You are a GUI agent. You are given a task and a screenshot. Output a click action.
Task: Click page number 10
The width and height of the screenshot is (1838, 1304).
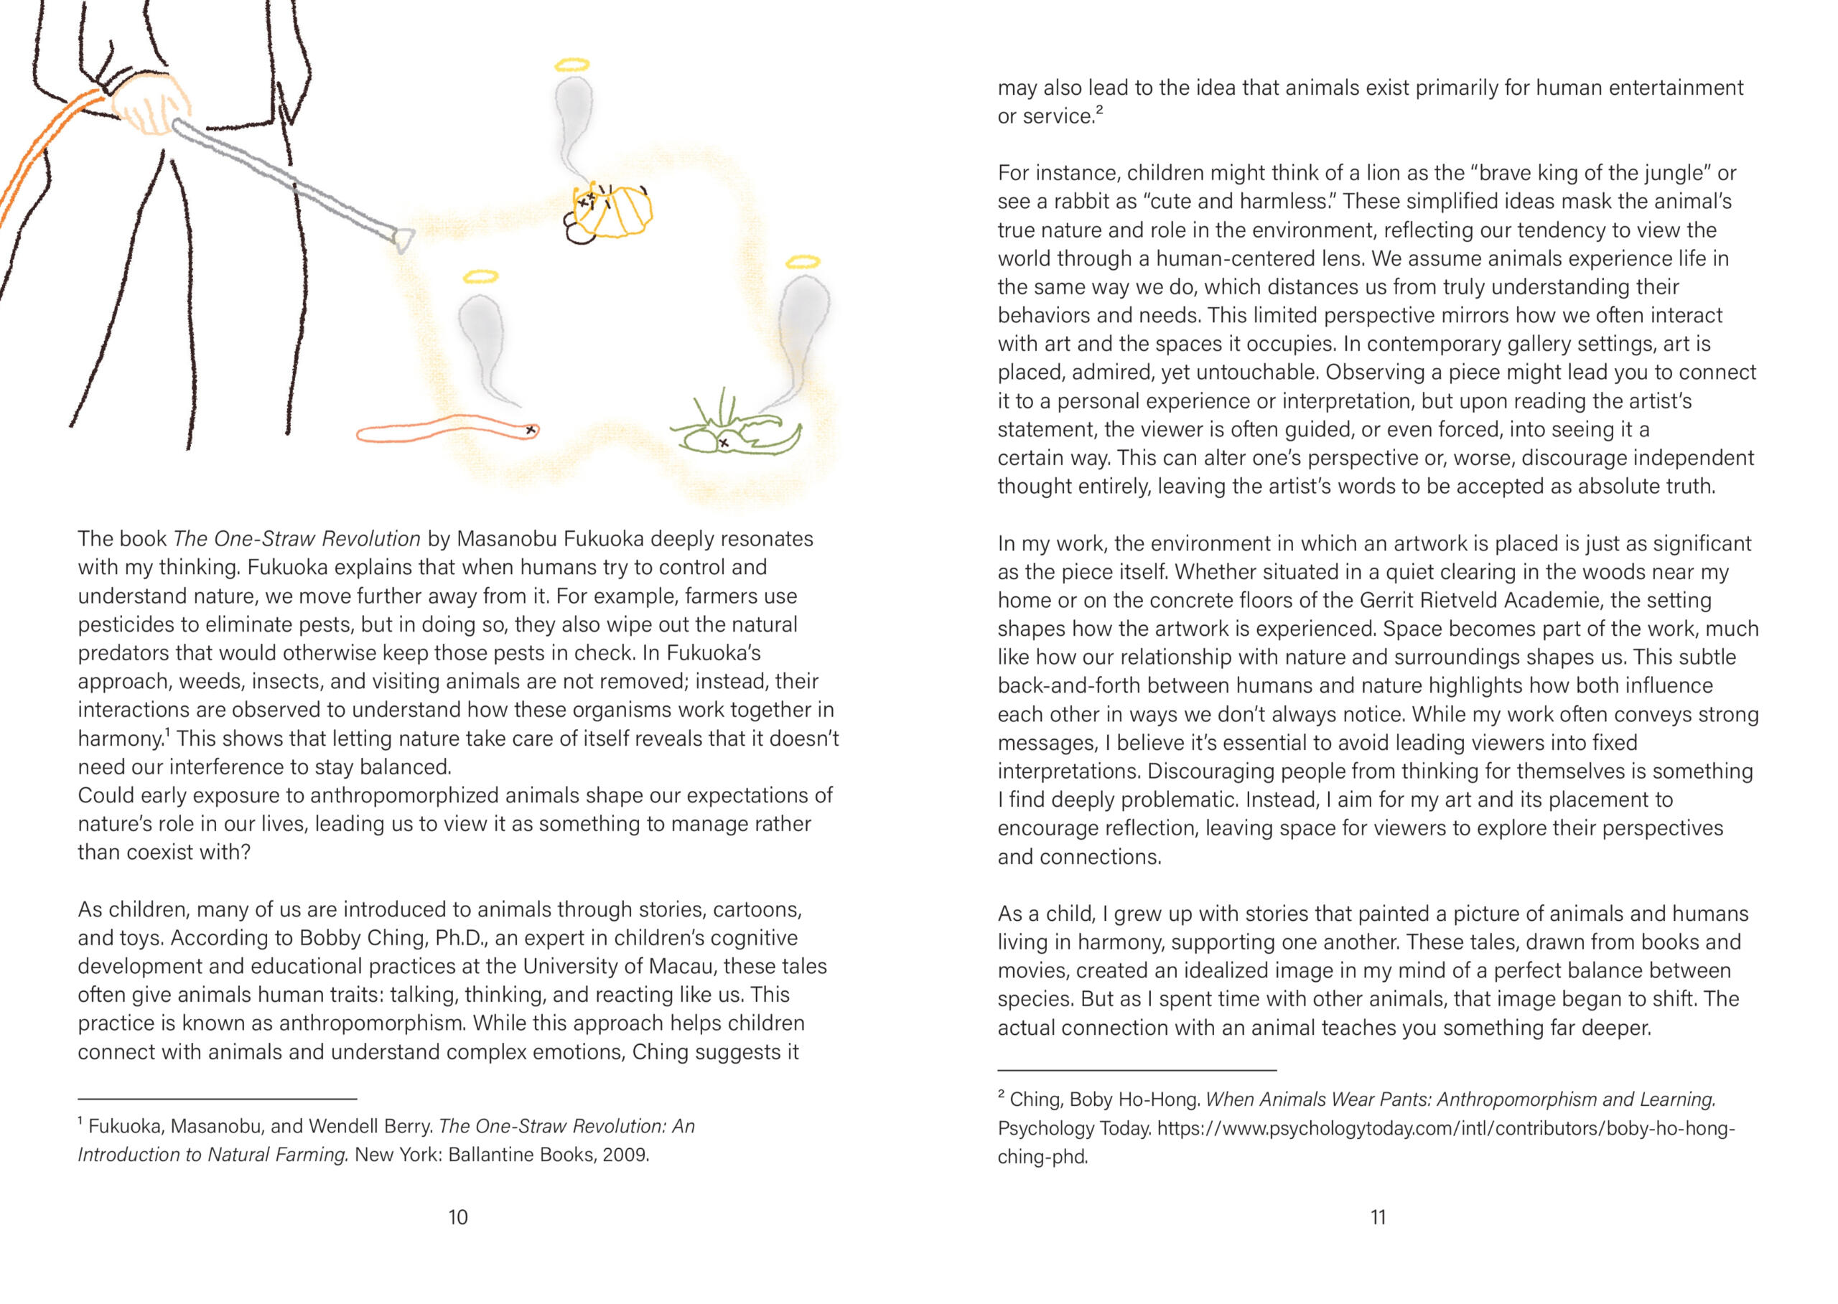point(458,1217)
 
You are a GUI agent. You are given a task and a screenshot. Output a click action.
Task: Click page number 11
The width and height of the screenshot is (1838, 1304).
point(1378,1217)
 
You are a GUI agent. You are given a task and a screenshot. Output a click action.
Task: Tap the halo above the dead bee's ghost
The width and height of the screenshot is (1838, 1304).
point(572,65)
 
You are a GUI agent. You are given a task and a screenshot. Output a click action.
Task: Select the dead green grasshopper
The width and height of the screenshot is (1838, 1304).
point(735,433)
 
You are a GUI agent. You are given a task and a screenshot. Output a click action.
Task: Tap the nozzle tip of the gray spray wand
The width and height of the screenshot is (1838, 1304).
point(403,238)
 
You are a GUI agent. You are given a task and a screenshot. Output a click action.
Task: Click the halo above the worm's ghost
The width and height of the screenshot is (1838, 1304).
point(480,277)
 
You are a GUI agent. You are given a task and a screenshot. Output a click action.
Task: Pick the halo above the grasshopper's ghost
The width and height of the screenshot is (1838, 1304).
point(803,262)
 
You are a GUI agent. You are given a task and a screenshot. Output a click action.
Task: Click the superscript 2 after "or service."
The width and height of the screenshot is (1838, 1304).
point(1099,110)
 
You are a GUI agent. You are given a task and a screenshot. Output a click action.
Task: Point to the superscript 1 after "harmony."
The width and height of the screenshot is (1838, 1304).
point(167,732)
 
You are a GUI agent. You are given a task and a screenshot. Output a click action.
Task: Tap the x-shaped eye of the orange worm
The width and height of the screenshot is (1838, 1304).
point(530,431)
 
